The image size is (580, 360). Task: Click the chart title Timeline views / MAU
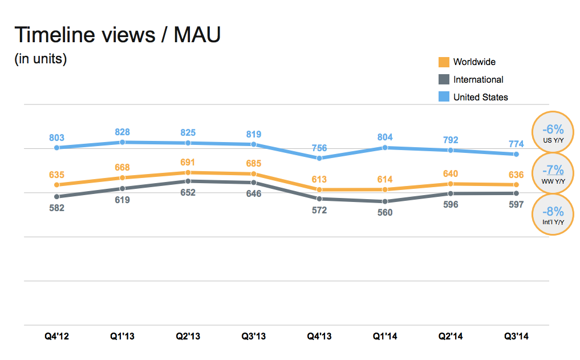(117, 35)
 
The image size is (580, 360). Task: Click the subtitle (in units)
(40, 58)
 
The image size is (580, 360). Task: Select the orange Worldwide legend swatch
(444, 62)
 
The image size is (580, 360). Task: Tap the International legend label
(478, 80)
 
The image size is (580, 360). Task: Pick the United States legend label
(480, 97)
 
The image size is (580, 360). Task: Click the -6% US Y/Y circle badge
(553, 132)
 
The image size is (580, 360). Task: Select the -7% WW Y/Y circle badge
(553, 173)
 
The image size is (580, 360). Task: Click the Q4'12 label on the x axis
(56, 337)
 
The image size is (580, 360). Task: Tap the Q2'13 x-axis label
(188, 337)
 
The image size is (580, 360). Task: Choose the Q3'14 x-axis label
(516, 337)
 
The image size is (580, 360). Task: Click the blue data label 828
(122, 132)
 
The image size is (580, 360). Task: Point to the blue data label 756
(319, 148)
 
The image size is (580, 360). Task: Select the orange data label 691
(188, 161)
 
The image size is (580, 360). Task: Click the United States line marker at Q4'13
(319, 158)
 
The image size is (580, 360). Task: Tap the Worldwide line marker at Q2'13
(188, 172)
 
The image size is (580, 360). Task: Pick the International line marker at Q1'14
(385, 201)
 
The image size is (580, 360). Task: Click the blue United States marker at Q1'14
(385, 148)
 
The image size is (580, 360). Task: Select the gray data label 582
(56, 208)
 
